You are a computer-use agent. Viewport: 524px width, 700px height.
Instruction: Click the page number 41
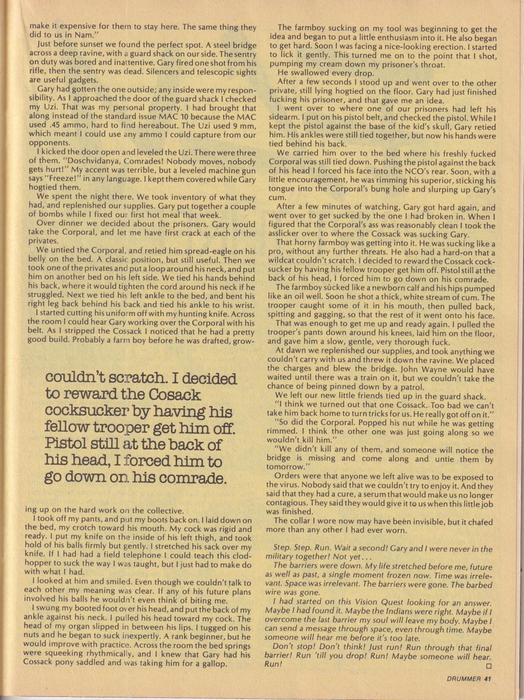(x=487, y=680)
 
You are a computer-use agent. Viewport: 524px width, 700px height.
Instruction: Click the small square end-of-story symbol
(x=489, y=666)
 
